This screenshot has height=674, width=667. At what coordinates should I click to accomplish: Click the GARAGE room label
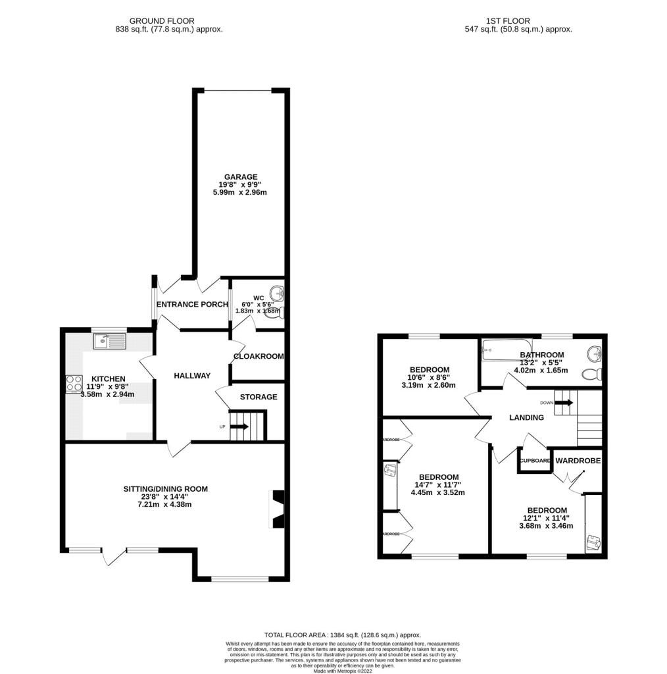pyautogui.click(x=239, y=177)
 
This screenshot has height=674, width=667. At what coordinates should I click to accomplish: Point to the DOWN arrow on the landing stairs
pyautogui.click(x=564, y=402)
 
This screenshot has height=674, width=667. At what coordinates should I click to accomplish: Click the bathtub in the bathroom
pyautogui.click(x=506, y=350)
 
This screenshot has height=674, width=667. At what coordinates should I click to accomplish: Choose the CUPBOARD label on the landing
pyautogui.click(x=535, y=461)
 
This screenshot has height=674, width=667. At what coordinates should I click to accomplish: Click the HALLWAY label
pyautogui.click(x=192, y=375)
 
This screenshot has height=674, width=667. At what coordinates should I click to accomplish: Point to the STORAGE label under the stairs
pyautogui.click(x=259, y=397)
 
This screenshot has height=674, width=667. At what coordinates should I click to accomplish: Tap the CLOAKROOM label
pyautogui.click(x=259, y=356)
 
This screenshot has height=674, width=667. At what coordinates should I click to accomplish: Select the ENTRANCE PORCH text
pyautogui.click(x=192, y=304)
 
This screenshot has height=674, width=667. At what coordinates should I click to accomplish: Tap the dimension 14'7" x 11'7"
pyautogui.click(x=438, y=485)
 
